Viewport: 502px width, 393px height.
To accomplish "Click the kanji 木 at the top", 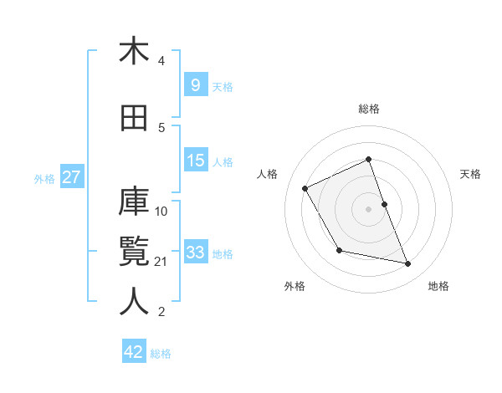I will click(134, 52).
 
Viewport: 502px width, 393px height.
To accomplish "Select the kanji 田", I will click(134, 119).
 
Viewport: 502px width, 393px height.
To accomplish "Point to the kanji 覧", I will click(134, 252).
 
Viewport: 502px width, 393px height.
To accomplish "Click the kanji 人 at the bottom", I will click(134, 301).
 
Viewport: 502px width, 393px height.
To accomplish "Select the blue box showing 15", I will click(196, 160).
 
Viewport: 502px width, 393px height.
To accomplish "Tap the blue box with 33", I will click(196, 252).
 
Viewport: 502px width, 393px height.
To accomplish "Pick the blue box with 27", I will click(71, 177).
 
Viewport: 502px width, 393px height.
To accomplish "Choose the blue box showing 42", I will click(134, 352).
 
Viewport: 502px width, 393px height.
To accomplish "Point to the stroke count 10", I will click(161, 211).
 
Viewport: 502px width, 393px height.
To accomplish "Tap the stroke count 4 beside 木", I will click(161, 61).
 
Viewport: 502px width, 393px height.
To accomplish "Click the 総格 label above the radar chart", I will click(369, 109).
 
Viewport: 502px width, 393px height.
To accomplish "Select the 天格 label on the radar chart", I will click(471, 174).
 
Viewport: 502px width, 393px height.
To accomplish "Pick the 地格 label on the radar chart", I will click(438, 286).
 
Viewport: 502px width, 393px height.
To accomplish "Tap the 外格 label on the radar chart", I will click(295, 286).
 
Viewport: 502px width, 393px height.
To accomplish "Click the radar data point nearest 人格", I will click(305, 188).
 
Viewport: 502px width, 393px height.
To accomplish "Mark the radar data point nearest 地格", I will click(408, 264).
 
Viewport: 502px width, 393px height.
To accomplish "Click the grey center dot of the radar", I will click(368, 208).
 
